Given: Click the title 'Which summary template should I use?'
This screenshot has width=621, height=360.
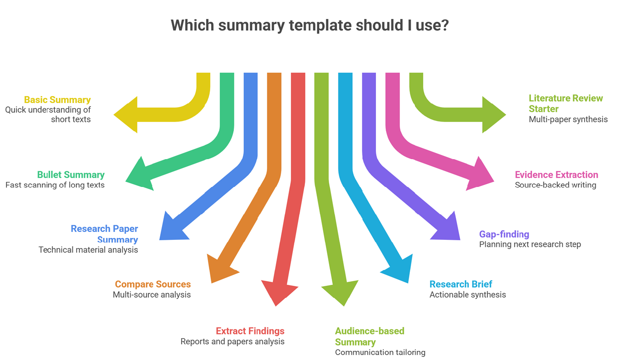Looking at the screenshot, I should coord(310,25).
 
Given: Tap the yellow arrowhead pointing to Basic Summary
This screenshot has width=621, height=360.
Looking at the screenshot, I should coord(128,115).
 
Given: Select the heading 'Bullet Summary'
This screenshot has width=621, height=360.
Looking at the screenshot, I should coord(71,175).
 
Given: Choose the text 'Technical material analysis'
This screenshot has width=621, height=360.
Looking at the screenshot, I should coord(88,250).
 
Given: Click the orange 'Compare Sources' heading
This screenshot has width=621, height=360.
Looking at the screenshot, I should coord(153,284).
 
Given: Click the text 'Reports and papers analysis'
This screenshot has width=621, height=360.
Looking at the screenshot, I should coord(232,342).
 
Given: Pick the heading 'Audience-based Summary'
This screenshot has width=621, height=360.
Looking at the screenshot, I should coord(369,336).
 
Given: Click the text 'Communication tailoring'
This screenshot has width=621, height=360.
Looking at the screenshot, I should coord(380,353).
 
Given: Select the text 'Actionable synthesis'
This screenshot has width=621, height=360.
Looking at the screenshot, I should coord(467,295).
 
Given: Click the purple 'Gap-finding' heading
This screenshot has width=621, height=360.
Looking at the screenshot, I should coord(504,234).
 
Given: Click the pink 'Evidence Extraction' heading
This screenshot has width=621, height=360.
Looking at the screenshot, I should coord(556,175).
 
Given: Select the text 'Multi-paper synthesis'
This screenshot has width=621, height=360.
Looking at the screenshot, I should coord(568,120).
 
